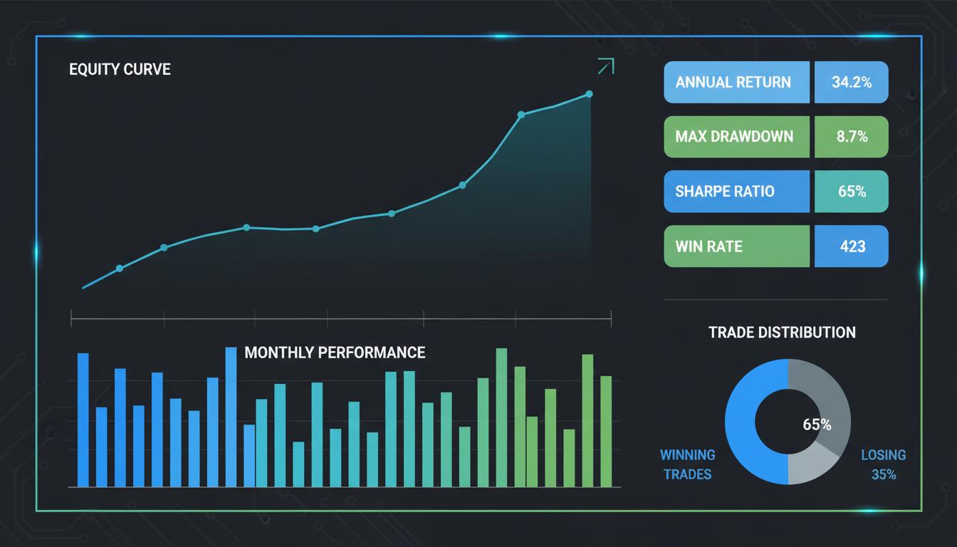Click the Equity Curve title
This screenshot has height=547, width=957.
[120, 70]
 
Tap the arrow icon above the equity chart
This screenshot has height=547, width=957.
[605, 66]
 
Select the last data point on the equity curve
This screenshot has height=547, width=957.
[590, 94]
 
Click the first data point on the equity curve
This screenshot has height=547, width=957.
[119, 269]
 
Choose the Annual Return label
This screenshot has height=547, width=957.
[733, 82]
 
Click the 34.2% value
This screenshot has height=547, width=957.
[852, 82]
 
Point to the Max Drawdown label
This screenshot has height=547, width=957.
[734, 136]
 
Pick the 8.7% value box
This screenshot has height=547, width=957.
[852, 136]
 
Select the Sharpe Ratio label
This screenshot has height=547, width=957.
[725, 191]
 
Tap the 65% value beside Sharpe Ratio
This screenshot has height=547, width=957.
[852, 191]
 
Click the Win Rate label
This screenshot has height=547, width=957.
[708, 246]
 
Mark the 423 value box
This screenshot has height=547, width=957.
[852, 246]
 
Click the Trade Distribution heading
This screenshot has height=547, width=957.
[782, 332]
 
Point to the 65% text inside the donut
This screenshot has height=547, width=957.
[817, 424]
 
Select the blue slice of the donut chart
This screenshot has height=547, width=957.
[744, 427]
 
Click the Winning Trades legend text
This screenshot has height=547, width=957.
[687, 464]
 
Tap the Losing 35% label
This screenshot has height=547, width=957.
[883, 464]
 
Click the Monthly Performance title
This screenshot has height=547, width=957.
[335, 353]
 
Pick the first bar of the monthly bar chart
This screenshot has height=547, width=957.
[83, 420]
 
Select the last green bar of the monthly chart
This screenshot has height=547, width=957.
[606, 431]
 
